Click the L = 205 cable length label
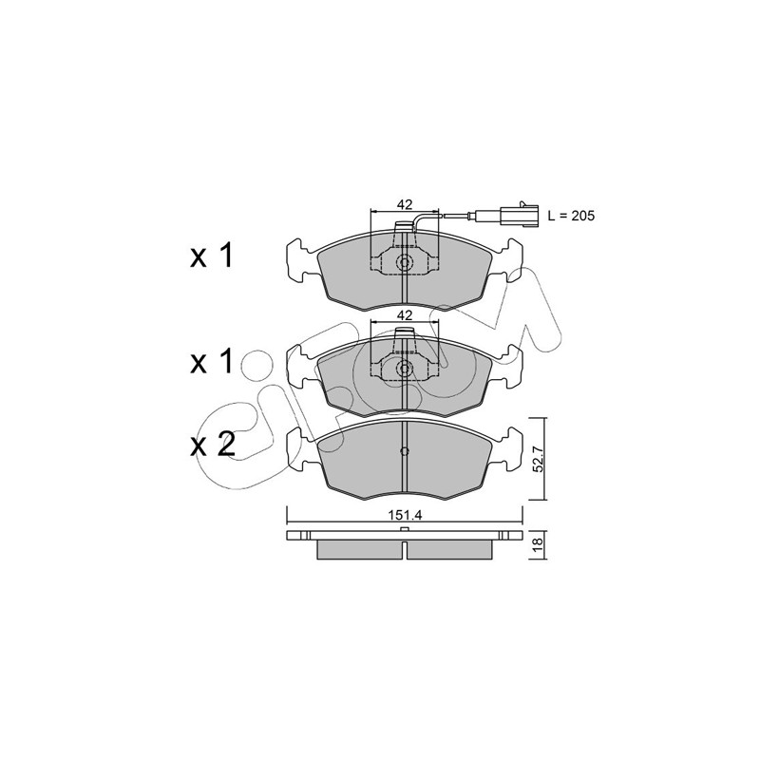point(571,216)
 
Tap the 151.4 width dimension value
point(405,515)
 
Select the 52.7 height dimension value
point(539,460)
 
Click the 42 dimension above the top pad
point(405,204)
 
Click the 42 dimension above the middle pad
point(405,315)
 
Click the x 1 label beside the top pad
point(211,256)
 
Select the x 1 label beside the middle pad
point(211,362)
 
